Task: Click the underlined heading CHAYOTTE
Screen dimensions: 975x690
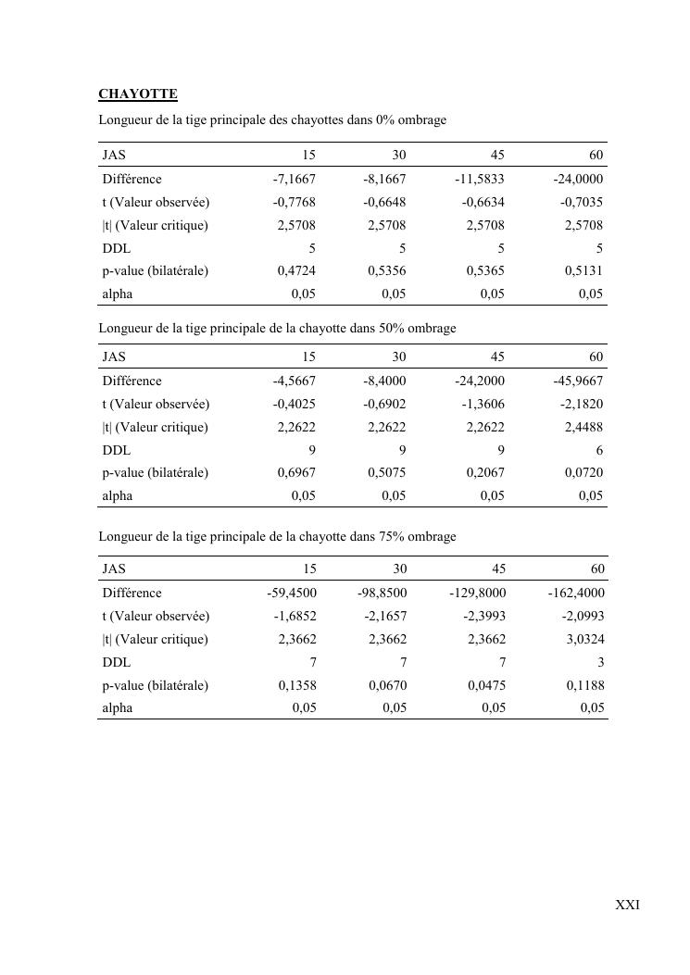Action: [x=138, y=94]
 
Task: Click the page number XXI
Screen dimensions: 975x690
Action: [x=627, y=905]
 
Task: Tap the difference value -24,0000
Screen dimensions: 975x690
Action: [x=578, y=180]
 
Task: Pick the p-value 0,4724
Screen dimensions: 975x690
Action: [x=296, y=271]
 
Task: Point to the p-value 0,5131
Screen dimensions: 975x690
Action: [x=583, y=271]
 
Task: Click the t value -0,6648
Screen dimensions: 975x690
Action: [x=384, y=203]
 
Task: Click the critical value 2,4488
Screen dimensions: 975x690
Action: [x=583, y=427]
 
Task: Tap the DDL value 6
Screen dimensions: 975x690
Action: [x=599, y=450]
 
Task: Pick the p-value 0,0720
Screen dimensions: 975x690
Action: [x=583, y=473]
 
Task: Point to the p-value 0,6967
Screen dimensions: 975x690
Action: [x=296, y=473]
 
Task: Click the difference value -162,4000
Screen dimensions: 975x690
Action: [x=575, y=594]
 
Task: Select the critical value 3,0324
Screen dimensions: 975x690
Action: [x=583, y=640]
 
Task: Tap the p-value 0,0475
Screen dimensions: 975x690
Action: [x=486, y=686]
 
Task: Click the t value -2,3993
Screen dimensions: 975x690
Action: [x=483, y=617]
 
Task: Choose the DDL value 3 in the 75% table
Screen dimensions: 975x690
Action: [x=600, y=663]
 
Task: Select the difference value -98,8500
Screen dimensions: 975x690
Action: [x=382, y=594]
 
